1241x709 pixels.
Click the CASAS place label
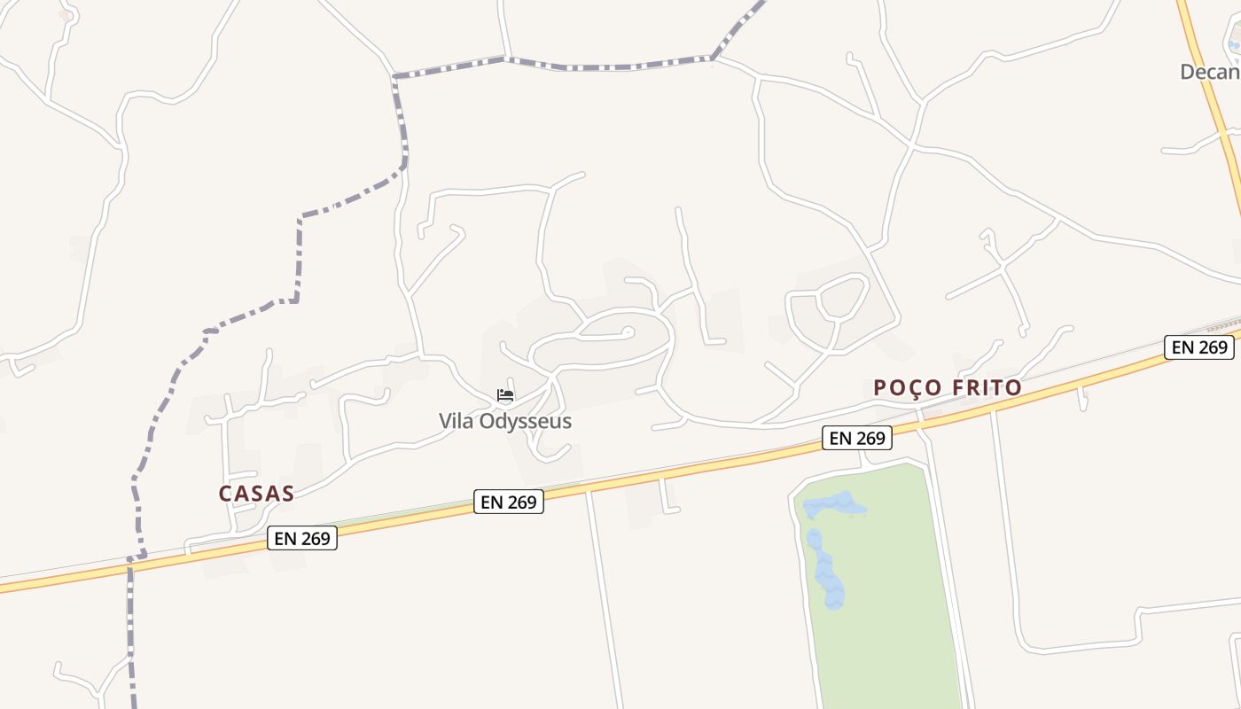[256, 494]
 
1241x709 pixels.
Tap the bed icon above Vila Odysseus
[505, 395]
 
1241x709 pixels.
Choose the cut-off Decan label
[1210, 72]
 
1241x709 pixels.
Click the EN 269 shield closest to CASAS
[302, 538]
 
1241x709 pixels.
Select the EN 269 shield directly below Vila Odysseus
[509, 502]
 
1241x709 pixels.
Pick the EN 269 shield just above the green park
[857, 437]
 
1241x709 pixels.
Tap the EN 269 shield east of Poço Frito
[1200, 347]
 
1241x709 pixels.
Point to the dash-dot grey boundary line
[300, 257]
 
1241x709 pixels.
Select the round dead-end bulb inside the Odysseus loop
[628, 332]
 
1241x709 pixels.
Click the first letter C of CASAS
[225, 494]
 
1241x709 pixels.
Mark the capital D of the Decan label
[1187, 72]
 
